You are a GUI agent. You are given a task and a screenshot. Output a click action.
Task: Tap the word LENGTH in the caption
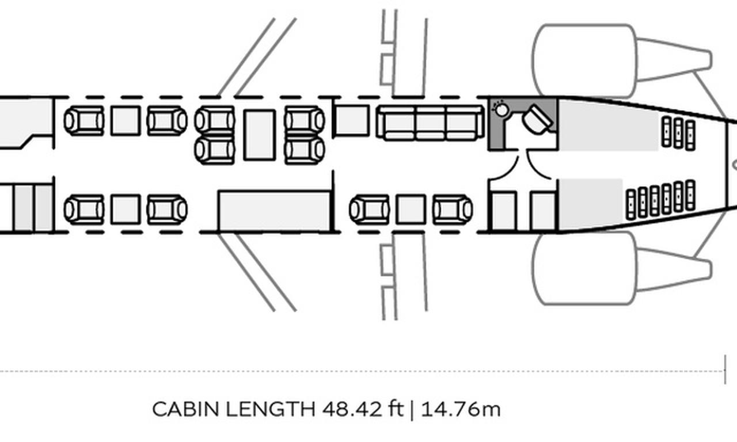[x=270, y=410]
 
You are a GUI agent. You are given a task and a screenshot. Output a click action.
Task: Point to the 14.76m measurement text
[x=461, y=410]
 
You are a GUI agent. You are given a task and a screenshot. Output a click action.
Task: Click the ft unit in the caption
[x=395, y=410]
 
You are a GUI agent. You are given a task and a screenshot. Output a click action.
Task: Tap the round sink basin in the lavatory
[x=502, y=109]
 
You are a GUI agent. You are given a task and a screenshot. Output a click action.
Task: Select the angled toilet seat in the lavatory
[x=538, y=119]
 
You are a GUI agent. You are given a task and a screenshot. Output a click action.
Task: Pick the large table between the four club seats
[x=259, y=135]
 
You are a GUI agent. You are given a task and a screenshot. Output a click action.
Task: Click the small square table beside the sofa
[x=352, y=120]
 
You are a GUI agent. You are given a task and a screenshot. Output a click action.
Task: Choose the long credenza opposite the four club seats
[x=274, y=211]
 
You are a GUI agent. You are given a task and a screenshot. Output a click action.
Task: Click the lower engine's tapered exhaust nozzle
[x=674, y=268]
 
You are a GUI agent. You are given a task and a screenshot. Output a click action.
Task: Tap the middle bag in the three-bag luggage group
[x=678, y=133]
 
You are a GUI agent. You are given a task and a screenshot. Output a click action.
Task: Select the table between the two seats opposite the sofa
[x=411, y=209]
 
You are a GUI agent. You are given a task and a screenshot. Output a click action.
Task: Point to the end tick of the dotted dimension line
[x=725, y=369]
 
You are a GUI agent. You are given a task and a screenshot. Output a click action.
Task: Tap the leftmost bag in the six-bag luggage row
[x=632, y=203]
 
